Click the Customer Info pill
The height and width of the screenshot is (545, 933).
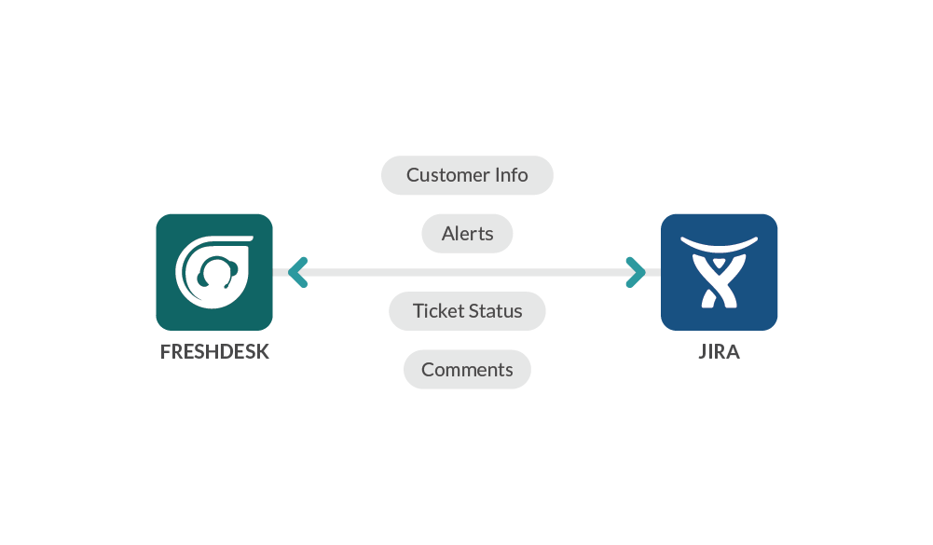pos(467,175)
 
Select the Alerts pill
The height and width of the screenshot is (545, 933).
pos(467,233)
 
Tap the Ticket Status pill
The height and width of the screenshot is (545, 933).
pos(467,311)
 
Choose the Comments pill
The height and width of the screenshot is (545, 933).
pos(467,370)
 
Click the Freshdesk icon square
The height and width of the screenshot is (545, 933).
pos(214,272)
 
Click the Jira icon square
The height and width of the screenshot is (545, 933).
pos(719,272)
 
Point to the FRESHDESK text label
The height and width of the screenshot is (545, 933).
pos(214,353)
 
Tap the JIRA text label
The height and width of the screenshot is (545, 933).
pos(719,353)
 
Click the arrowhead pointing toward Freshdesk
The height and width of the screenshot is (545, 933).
pos(297,272)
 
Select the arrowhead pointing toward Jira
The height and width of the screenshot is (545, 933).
pos(637,272)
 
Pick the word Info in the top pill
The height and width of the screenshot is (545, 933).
pos(511,175)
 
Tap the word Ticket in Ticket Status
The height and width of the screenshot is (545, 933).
pos(437,311)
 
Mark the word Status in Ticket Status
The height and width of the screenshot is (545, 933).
pos(496,311)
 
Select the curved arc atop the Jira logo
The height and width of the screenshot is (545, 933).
pos(719,245)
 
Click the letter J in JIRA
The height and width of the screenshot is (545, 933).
pos(703,353)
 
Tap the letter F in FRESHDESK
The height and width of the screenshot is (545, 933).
pos(166,353)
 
